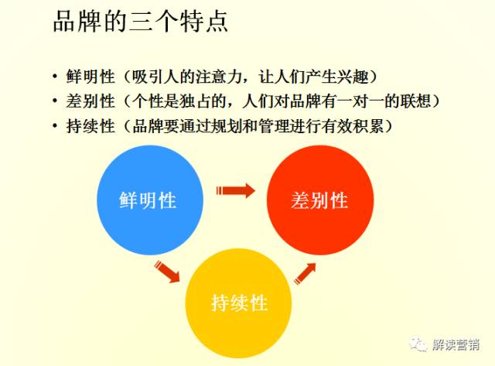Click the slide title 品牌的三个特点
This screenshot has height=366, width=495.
[141, 22]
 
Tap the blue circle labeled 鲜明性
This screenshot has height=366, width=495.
[150, 200]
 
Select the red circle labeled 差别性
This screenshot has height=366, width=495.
[320, 200]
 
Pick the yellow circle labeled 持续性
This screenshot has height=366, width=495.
[238, 303]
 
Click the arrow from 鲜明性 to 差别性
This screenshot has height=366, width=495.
[235, 190]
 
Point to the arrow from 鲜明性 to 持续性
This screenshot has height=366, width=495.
[167, 272]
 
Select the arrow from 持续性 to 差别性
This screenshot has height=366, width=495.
[305, 273]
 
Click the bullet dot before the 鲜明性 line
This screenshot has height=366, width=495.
[55, 76]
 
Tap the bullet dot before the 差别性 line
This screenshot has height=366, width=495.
[55, 101]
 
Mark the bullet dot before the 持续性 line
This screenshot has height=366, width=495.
[55, 125]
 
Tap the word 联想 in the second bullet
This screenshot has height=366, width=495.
[415, 101]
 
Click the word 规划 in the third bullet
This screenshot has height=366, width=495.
[227, 126]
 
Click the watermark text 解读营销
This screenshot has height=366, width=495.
[456, 344]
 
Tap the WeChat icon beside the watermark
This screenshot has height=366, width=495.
[418, 344]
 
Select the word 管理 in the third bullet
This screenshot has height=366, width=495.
[274, 126]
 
